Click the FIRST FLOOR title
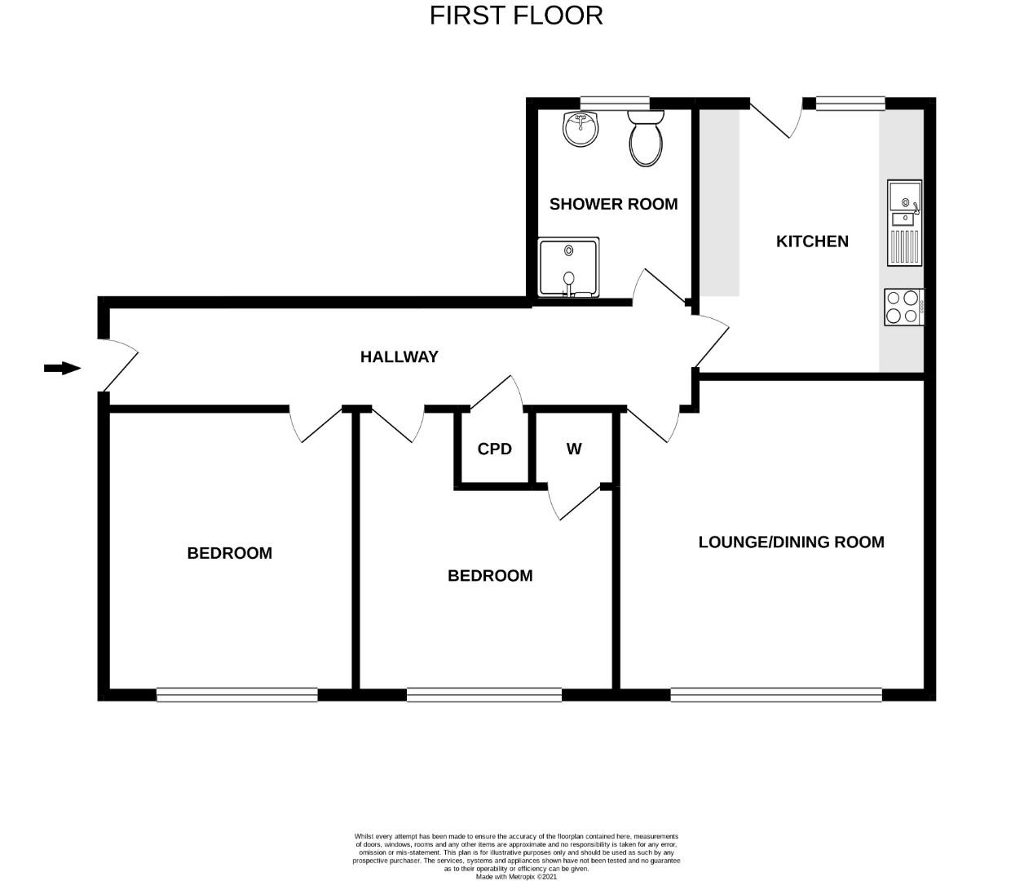click(516, 15)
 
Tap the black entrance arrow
click(62, 369)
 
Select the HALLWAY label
click(399, 356)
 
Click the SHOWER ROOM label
click(613, 204)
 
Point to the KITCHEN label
click(812, 241)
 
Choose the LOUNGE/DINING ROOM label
click(791, 542)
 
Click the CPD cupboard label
click(494, 449)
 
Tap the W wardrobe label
click(574, 449)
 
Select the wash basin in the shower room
click(581, 129)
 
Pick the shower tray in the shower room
click(568, 268)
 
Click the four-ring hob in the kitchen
click(903, 308)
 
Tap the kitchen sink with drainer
click(904, 222)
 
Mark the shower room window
click(614, 103)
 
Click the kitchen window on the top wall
click(850, 103)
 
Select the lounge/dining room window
click(776, 695)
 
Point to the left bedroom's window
click(236, 695)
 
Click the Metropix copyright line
click(516, 877)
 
